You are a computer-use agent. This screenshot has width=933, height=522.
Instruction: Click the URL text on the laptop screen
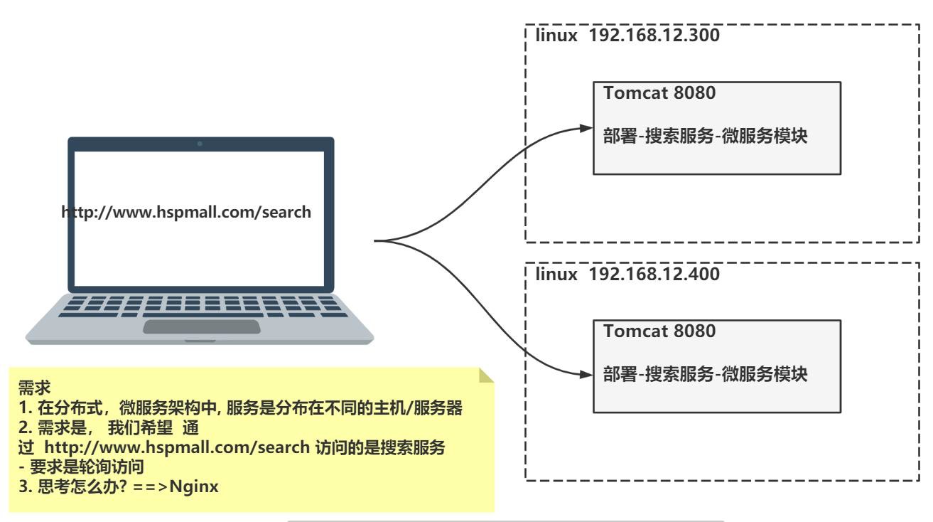(x=187, y=212)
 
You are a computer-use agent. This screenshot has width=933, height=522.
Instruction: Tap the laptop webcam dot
(x=200, y=144)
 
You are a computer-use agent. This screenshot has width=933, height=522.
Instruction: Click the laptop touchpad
(x=201, y=326)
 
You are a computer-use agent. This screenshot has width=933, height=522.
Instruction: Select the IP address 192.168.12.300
(x=655, y=36)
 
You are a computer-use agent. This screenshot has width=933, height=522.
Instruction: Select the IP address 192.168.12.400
(x=655, y=275)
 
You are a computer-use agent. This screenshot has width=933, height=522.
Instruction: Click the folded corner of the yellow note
(x=486, y=375)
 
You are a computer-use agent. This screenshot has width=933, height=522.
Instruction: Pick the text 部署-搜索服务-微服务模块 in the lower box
(x=705, y=375)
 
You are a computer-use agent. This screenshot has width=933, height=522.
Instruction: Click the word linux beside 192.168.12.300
(x=556, y=36)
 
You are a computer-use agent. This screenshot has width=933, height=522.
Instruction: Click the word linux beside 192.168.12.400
(x=556, y=275)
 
